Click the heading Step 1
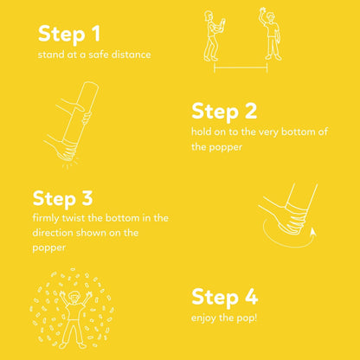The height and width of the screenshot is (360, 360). click(x=69, y=35)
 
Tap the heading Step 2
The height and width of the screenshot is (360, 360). click(x=224, y=112)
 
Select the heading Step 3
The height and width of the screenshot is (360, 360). click(x=63, y=199)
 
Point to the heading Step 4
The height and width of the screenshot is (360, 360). click(x=224, y=297)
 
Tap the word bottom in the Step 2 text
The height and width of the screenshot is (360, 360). click(x=298, y=132)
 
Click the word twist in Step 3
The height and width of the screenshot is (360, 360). click(x=74, y=218)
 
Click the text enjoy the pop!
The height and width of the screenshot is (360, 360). click(x=224, y=318)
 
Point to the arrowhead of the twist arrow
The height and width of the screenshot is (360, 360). click(x=312, y=232)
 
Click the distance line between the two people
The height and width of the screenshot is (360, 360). click(x=241, y=68)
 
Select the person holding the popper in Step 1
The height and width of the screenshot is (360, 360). click(x=213, y=36)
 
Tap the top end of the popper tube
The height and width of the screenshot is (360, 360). click(x=91, y=84)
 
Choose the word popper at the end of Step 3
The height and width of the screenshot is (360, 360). click(x=49, y=248)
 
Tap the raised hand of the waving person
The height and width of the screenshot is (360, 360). click(x=263, y=12)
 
